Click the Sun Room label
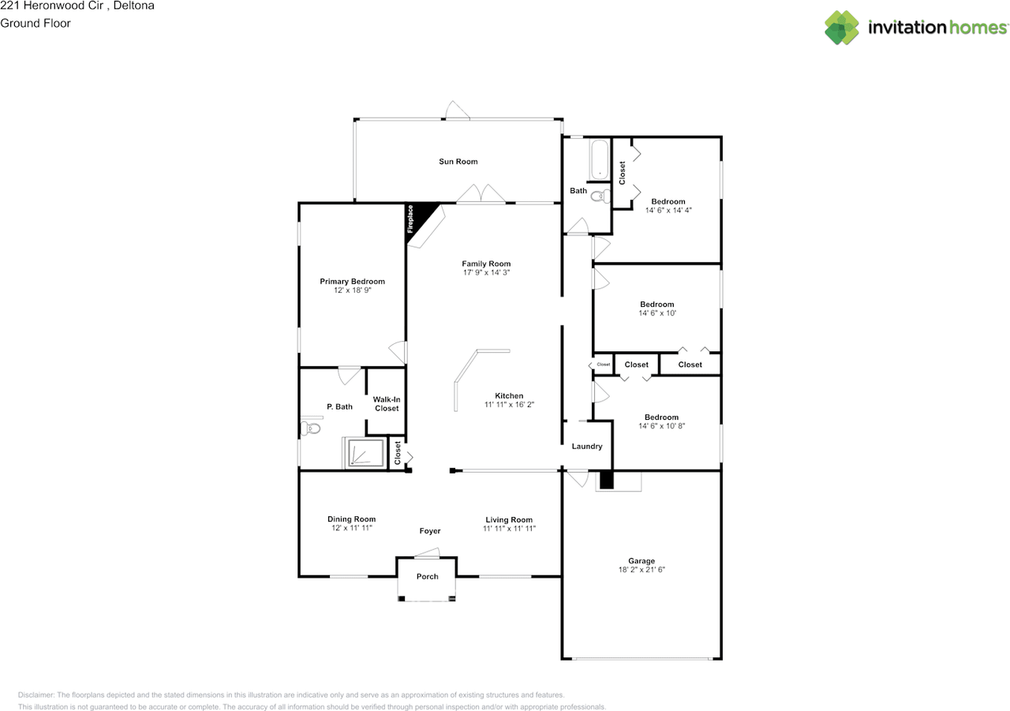click(x=458, y=162)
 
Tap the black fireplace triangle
click(x=417, y=219)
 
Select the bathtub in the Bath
click(x=600, y=159)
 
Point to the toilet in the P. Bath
click(x=310, y=428)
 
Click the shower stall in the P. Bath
click(x=365, y=453)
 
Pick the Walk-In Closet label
click(x=387, y=404)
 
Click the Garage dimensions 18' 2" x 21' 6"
click(x=642, y=570)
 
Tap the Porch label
click(x=428, y=576)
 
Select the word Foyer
click(x=430, y=530)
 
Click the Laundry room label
click(x=587, y=447)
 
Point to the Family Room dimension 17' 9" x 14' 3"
click(x=486, y=272)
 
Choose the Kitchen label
click(x=509, y=395)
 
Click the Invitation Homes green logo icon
click(x=842, y=28)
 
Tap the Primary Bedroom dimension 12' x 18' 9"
click(x=352, y=290)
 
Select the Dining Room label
click(x=351, y=519)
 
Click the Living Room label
click(x=509, y=519)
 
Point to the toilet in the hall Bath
click(x=601, y=196)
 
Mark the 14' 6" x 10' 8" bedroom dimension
click(x=661, y=425)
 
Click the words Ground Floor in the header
click(x=36, y=23)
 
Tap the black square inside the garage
click(x=606, y=480)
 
